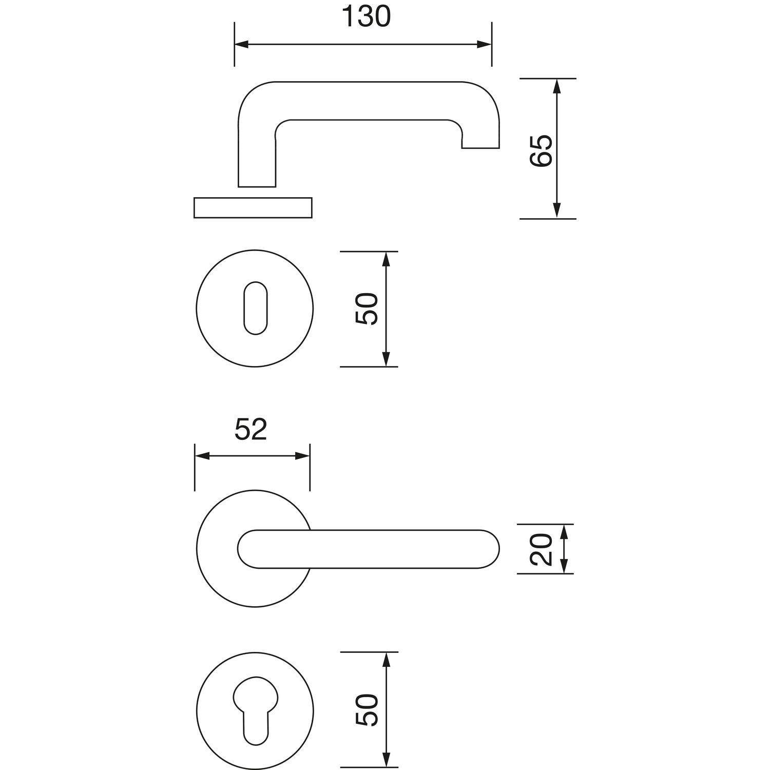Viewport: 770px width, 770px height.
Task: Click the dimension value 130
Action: pos(366,17)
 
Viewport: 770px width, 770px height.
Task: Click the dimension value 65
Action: pos(541,150)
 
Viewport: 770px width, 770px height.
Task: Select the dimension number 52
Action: pos(251,430)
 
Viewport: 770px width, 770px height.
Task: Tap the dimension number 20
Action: pos(541,549)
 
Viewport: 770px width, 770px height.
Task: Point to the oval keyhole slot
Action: pos(254,308)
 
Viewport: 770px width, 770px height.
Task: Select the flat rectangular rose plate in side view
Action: pos(253,207)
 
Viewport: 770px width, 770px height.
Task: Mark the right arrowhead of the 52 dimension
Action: pos(303,456)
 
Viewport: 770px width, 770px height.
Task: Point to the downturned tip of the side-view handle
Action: pos(480,142)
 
